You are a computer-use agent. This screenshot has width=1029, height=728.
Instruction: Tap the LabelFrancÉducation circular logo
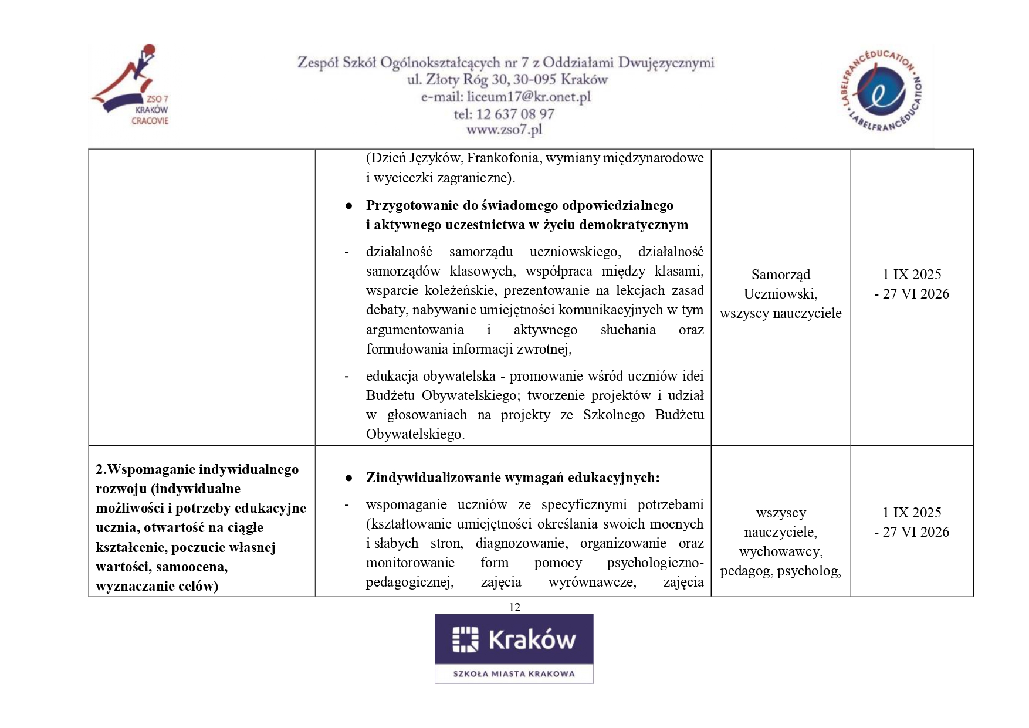881,90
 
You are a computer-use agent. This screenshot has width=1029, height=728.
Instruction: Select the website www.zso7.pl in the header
504,130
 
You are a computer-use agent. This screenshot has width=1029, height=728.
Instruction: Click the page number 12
514,607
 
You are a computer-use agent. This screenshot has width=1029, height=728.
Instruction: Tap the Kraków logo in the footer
514,640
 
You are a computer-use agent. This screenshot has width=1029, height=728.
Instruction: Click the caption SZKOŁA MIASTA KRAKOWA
514,673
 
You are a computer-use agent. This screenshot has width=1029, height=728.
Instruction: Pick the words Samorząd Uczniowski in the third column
780,284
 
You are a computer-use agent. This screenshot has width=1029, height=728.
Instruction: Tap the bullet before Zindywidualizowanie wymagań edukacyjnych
348,478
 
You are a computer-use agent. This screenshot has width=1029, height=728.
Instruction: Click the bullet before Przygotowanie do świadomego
348,206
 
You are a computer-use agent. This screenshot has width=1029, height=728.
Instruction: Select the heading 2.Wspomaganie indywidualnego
197,469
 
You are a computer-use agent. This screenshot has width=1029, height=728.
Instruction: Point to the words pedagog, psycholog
780,571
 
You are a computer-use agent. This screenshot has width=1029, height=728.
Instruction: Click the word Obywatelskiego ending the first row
414,434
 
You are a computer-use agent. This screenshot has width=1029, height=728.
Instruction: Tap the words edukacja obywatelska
430,376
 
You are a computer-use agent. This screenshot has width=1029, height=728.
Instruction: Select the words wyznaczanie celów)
157,586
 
